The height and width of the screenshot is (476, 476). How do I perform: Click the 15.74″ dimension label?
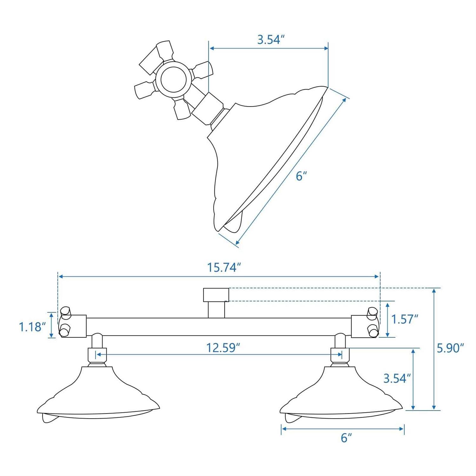(222, 268)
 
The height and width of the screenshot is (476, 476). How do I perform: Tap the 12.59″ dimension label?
(222, 348)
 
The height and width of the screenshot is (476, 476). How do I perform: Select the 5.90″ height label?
(450, 348)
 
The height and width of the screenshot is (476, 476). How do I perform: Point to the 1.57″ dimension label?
(404, 319)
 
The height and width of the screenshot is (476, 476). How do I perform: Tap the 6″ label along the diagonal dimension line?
(301, 176)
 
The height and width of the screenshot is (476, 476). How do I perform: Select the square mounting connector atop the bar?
(216, 295)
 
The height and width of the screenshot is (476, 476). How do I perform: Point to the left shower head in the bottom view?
(98, 397)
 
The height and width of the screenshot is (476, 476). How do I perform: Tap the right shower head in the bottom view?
(341, 397)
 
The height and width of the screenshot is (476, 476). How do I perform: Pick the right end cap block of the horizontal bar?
(364, 326)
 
